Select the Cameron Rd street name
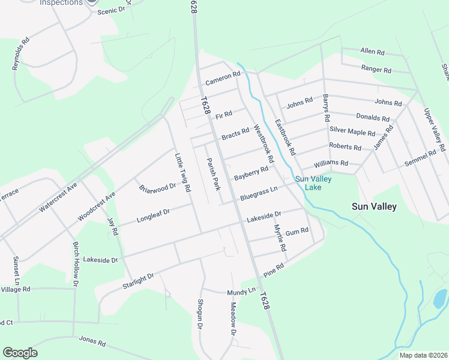pyautogui.click(x=223, y=78)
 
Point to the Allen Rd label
pyautogui.click(x=372, y=52)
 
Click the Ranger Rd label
pyautogui.click(x=376, y=70)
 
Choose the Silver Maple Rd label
pyautogui.click(x=352, y=131)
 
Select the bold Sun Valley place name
pyautogui.click(x=374, y=206)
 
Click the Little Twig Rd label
pyautogui.click(x=182, y=173)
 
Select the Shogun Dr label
pyautogui.click(x=200, y=314)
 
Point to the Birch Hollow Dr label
pyautogui.click(x=76, y=264)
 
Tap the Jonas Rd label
pyautogui.click(x=92, y=342)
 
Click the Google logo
pyautogui.click(x=20, y=353)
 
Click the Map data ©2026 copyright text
pyautogui.click(x=423, y=355)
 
